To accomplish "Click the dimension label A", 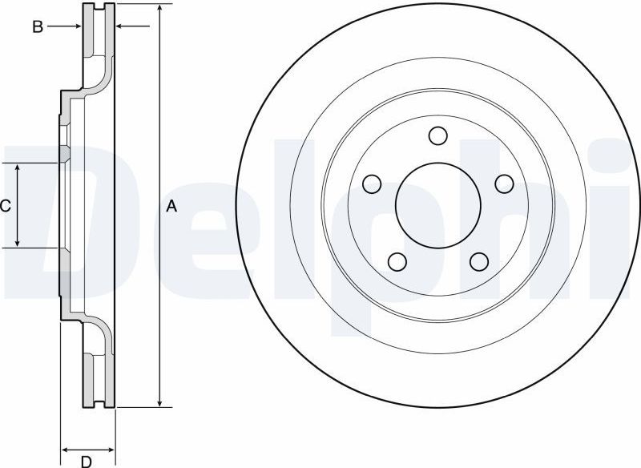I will [171, 207].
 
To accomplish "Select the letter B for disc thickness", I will [37, 27].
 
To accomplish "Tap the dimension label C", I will [5, 207].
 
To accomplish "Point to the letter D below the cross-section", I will [86, 461].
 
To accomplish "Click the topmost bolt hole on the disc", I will [437, 135].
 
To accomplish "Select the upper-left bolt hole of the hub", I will [371, 184].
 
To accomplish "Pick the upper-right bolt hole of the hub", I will [503, 184].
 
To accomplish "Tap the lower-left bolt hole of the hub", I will [396, 261].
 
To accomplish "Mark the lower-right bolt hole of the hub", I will [478, 261].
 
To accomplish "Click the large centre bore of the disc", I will [437, 205].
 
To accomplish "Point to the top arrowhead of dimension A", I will [161, 8].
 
